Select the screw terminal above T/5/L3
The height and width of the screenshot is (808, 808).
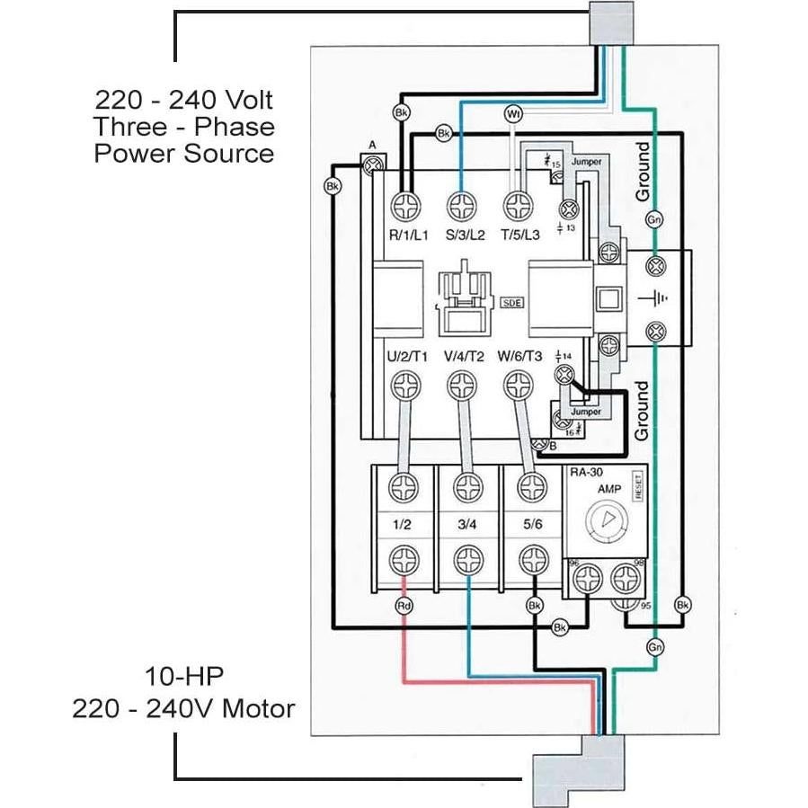tap(516, 206)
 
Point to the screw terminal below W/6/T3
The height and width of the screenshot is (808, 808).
tap(516, 387)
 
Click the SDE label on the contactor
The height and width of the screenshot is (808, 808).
tap(512, 303)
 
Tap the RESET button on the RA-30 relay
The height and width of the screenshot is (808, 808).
tap(638, 486)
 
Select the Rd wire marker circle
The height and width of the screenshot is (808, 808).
tap(404, 606)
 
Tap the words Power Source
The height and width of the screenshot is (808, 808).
tap(184, 153)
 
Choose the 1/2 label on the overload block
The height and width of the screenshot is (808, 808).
tap(401, 524)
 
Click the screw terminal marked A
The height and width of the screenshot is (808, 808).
tap(372, 164)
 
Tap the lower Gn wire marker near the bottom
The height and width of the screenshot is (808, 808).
tap(655, 646)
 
